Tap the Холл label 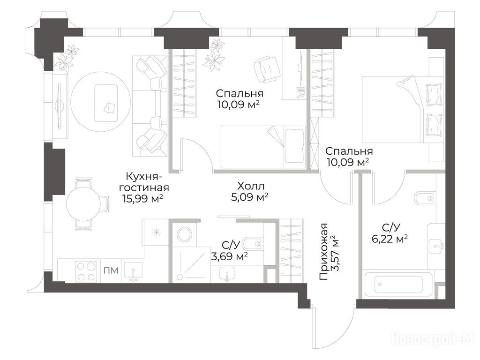(x=251, y=186)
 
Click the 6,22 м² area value (x=390, y=239)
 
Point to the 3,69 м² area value (x=229, y=256)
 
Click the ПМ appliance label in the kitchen (x=111, y=270)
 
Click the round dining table (x=83, y=203)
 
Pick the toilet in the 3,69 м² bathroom (x=253, y=244)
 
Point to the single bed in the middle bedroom (x=263, y=147)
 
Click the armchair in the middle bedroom (x=267, y=69)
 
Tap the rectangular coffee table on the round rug (x=106, y=103)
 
